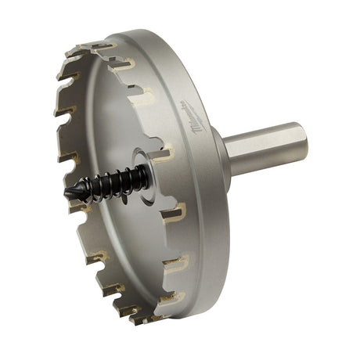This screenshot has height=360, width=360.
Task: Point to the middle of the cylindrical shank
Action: click(x=262, y=149)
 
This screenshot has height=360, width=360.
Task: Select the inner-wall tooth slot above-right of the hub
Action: click(x=163, y=151)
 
